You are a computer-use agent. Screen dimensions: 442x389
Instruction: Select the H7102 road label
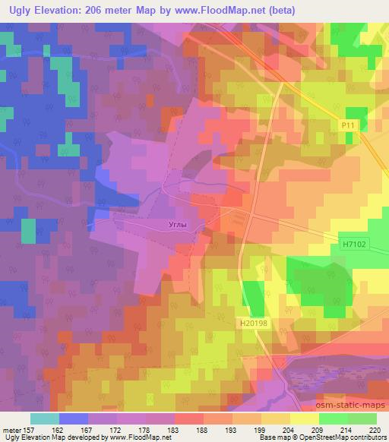pos(355,244)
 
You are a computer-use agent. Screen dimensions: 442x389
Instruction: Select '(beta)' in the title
pos(278,10)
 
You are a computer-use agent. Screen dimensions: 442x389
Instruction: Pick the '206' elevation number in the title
pos(93,10)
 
